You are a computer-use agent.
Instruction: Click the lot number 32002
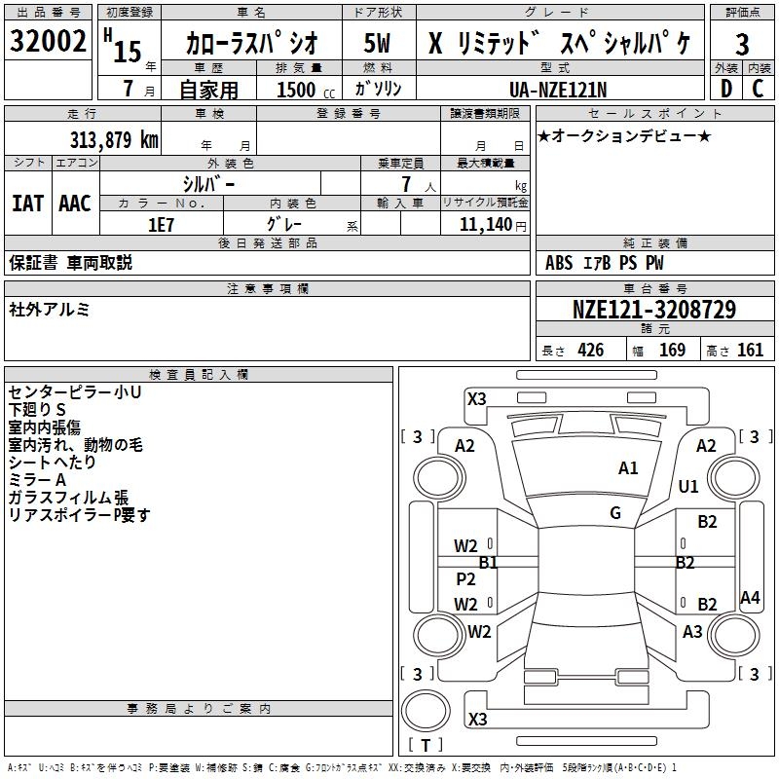pyautogui.click(x=49, y=42)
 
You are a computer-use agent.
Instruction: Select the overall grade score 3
pyautogui.click(x=742, y=44)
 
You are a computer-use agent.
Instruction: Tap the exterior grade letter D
pyautogui.click(x=725, y=89)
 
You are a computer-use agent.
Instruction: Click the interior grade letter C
pyautogui.click(x=759, y=89)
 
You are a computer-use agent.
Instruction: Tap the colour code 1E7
pyautogui.click(x=161, y=224)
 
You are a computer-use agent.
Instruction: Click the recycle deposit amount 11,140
pyautogui.click(x=485, y=224)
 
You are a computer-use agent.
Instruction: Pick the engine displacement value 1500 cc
pyautogui.click(x=303, y=90)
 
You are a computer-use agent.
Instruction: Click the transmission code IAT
pyautogui.click(x=27, y=204)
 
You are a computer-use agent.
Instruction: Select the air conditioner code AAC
pyautogui.click(x=75, y=204)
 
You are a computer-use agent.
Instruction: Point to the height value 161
pyautogui.click(x=750, y=351)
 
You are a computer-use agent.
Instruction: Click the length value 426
pyautogui.click(x=590, y=351)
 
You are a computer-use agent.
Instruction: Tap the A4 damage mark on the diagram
pyautogui.click(x=750, y=598)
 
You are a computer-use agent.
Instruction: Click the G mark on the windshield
pyautogui.click(x=615, y=513)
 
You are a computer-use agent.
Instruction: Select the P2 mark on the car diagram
pyautogui.click(x=466, y=579)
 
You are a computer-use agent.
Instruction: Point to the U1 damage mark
pyautogui.click(x=688, y=486)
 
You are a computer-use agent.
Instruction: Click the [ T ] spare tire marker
pyautogui.click(x=426, y=746)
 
